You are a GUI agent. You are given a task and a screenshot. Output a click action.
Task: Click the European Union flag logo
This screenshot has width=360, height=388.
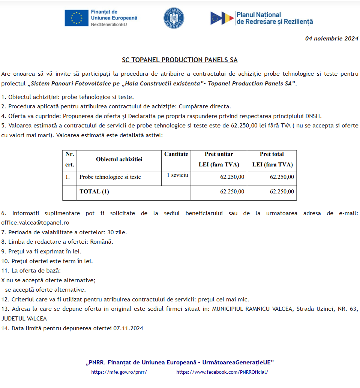[x=76, y=18]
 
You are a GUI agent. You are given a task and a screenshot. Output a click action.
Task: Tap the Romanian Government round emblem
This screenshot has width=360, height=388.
[x=174, y=18]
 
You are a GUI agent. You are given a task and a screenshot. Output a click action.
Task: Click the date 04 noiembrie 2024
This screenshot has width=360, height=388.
[x=331, y=38]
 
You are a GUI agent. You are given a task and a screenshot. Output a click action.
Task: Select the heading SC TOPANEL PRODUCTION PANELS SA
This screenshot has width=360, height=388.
[x=180, y=60]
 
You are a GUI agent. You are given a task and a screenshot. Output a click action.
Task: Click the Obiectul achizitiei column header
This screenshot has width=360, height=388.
[x=119, y=159]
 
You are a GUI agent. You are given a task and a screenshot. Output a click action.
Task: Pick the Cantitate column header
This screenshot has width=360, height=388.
[x=176, y=154]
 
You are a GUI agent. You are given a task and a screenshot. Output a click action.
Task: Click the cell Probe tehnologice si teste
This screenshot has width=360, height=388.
[x=110, y=177]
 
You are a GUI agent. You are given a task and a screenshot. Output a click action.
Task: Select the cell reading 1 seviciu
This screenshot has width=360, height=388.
[x=177, y=175]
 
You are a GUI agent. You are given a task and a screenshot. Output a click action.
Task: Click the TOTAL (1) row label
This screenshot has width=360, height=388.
[x=94, y=192]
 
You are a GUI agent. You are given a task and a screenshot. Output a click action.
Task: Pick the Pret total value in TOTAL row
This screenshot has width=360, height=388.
[x=282, y=192]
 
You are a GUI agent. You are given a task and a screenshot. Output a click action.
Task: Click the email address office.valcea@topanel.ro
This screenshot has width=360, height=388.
[x=35, y=223]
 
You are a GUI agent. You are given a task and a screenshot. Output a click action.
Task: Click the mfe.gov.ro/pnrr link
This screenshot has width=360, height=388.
[x=119, y=372]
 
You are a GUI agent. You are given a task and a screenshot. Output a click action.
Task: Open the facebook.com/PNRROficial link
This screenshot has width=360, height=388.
[x=222, y=372]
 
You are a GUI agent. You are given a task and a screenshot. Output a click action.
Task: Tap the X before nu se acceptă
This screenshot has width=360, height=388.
[x=3, y=280]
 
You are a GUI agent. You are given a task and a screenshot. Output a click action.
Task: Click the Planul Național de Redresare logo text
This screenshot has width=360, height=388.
[x=274, y=18]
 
